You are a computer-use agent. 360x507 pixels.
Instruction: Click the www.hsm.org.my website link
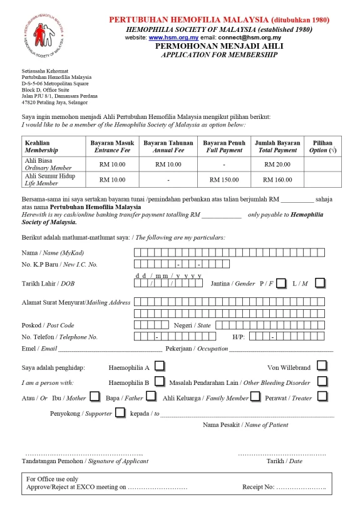click(168, 38)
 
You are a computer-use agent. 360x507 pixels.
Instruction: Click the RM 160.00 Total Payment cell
click(277, 179)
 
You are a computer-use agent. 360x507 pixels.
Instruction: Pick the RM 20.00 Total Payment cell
click(277, 164)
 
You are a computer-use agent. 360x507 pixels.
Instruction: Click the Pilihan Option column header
click(322, 146)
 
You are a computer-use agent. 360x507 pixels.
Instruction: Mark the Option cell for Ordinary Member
click(322, 164)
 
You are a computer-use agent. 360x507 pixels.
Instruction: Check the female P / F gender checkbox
click(281, 283)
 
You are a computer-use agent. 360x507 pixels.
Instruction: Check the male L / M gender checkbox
click(320, 283)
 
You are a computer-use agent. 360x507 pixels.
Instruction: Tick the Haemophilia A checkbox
click(160, 366)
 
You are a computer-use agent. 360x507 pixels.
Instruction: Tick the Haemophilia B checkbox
click(160, 381)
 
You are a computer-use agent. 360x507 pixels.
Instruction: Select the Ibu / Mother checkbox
click(95, 396)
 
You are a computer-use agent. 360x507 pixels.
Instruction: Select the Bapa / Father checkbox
click(150, 396)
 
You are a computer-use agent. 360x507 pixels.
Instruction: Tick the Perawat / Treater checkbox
click(321, 396)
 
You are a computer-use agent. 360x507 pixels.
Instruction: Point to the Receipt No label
click(259, 486)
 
